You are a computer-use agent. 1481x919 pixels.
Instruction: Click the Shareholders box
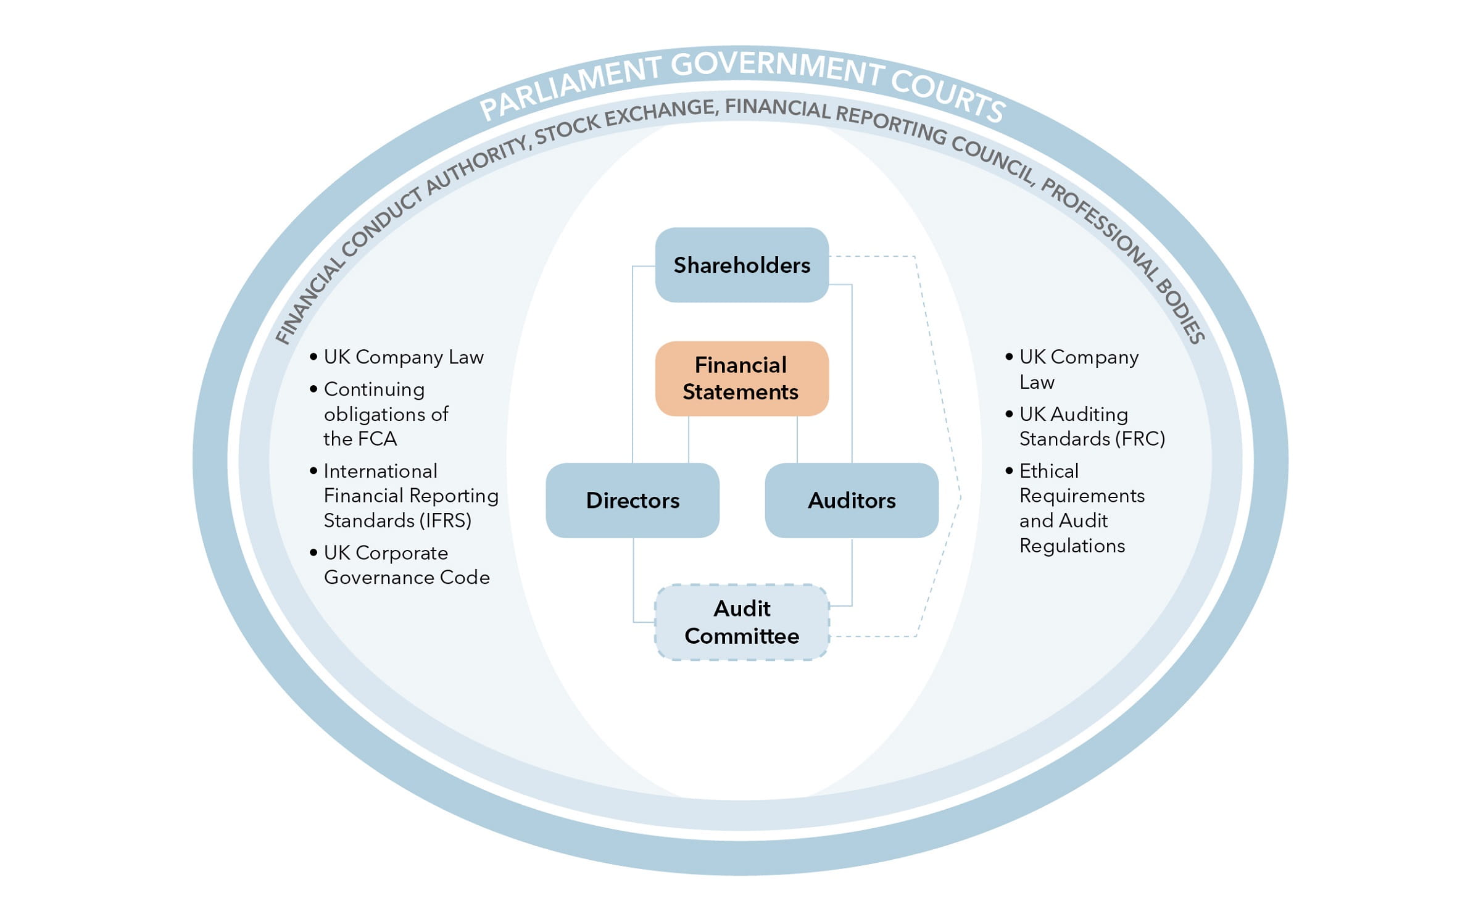pos(741,265)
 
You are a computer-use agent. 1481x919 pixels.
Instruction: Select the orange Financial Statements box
pos(741,378)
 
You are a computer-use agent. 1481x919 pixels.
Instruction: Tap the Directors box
pos(633,500)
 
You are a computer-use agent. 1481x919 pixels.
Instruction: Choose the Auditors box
pos(852,500)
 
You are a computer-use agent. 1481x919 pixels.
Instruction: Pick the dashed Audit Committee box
pos(741,622)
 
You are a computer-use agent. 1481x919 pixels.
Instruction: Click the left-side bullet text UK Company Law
pos(404,357)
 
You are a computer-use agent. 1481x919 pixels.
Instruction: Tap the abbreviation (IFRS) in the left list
pos(445,520)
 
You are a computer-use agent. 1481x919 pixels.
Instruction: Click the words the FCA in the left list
pos(360,438)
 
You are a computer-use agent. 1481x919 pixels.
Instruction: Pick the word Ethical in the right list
pos(1049,471)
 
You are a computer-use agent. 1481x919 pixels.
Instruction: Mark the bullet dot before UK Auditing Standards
pos(1009,414)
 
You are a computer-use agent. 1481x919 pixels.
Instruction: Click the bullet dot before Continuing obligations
pos(313,389)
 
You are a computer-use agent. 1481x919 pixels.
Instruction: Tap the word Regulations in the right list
pos(1072,546)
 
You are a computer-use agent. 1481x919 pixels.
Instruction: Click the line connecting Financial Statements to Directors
pos(689,439)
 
